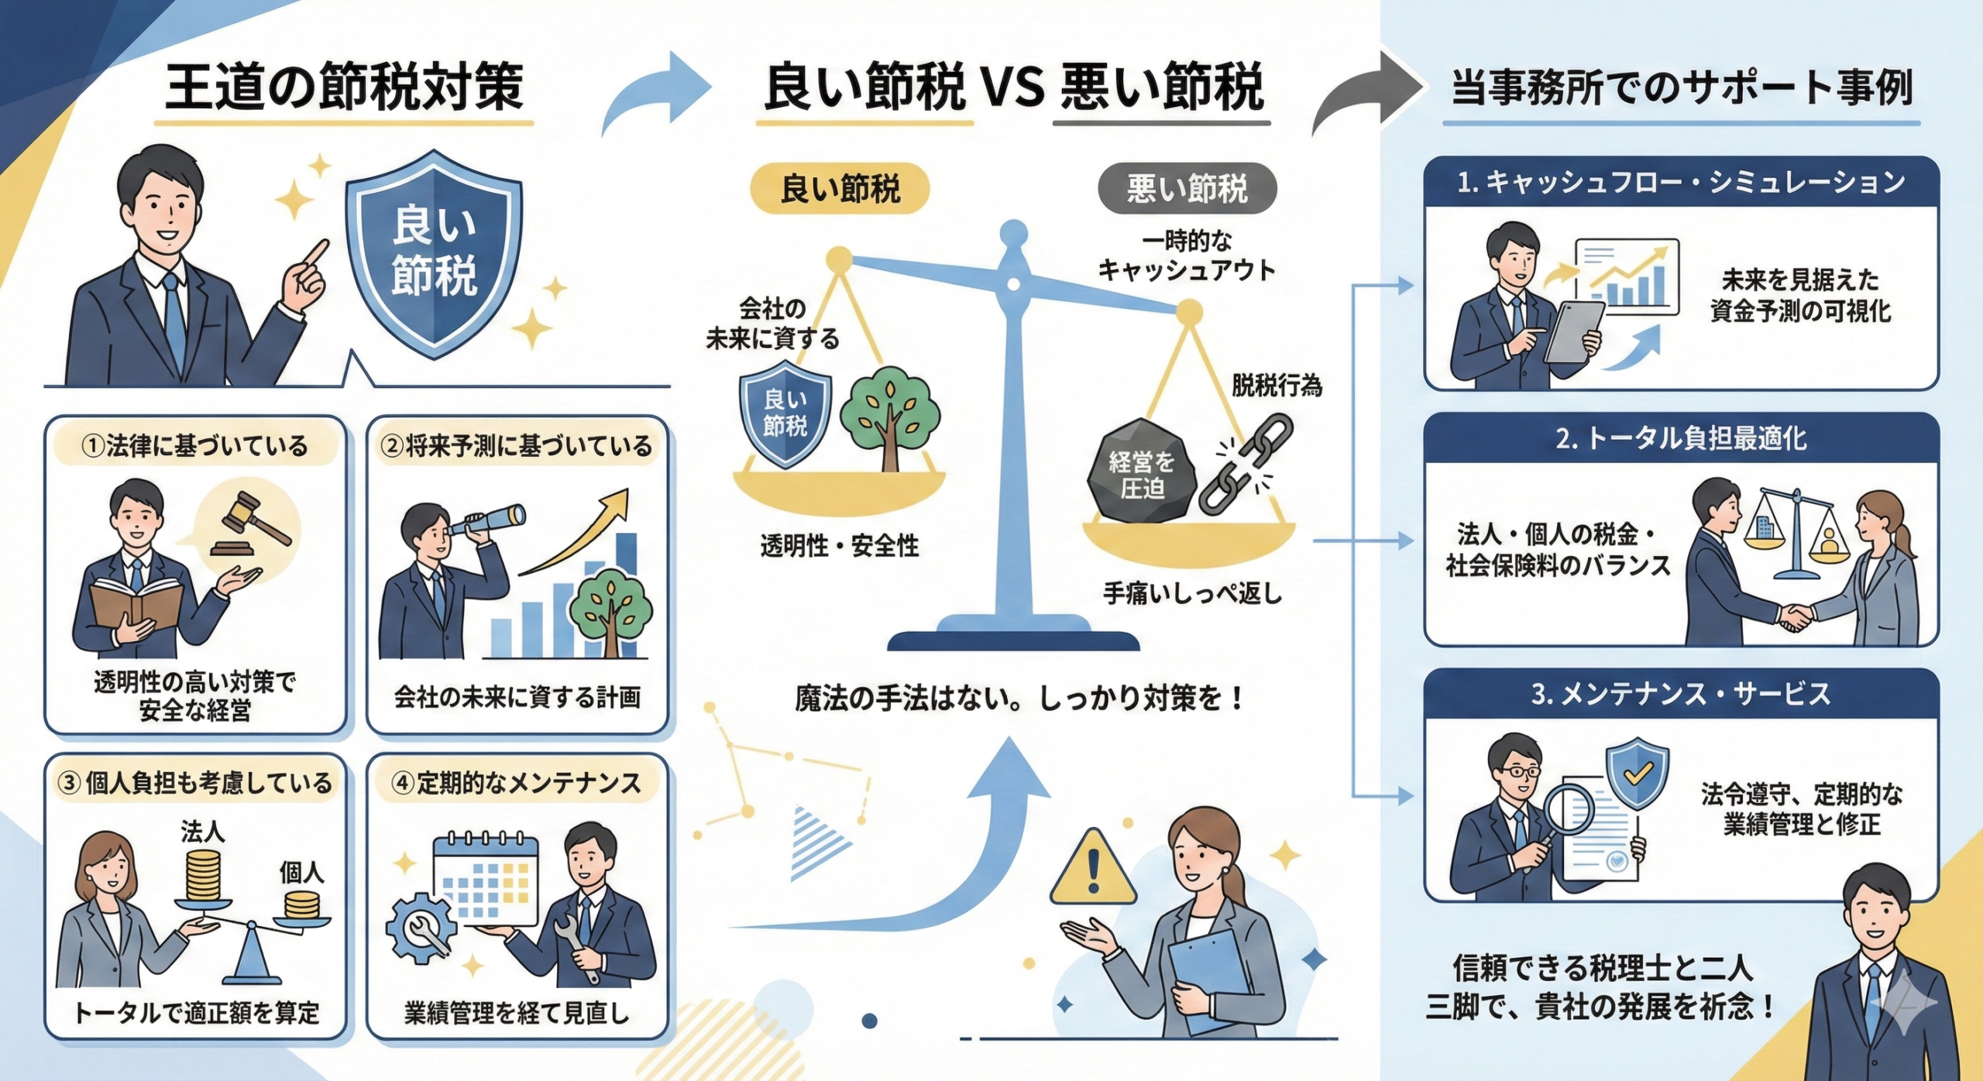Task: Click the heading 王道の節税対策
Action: point(344,87)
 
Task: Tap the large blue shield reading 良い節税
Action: point(434,252)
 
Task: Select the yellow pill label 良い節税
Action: point(840,188)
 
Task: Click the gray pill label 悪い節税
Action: point(1187,188)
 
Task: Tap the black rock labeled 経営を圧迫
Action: point(1142,475)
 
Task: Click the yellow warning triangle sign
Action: point(1094,870)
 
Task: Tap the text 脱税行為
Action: point(1277,386)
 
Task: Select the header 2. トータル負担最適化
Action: point(1681,439)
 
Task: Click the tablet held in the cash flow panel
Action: point(1574,331)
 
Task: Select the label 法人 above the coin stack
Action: point(203,832)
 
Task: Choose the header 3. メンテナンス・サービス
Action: point(1681,694)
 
